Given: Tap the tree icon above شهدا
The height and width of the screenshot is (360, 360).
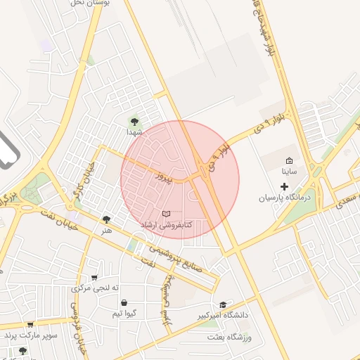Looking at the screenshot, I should [x=135, y=121].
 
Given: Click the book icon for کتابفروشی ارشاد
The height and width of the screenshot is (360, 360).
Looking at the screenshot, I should [x=166, y=213].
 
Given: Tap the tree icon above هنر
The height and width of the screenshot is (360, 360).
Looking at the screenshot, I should [x=106, y=219].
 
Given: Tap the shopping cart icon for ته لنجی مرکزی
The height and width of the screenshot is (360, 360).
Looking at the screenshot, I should [x=94, y=278].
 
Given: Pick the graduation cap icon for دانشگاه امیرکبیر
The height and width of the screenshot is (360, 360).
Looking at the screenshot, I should [x=224, y=305].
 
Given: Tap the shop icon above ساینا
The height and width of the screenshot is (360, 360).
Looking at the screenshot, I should [x=289, y=160].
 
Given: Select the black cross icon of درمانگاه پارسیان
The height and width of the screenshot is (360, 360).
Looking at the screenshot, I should [x=284, y=186].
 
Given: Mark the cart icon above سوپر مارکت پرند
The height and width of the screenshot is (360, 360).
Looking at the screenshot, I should [x=30, y=325].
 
